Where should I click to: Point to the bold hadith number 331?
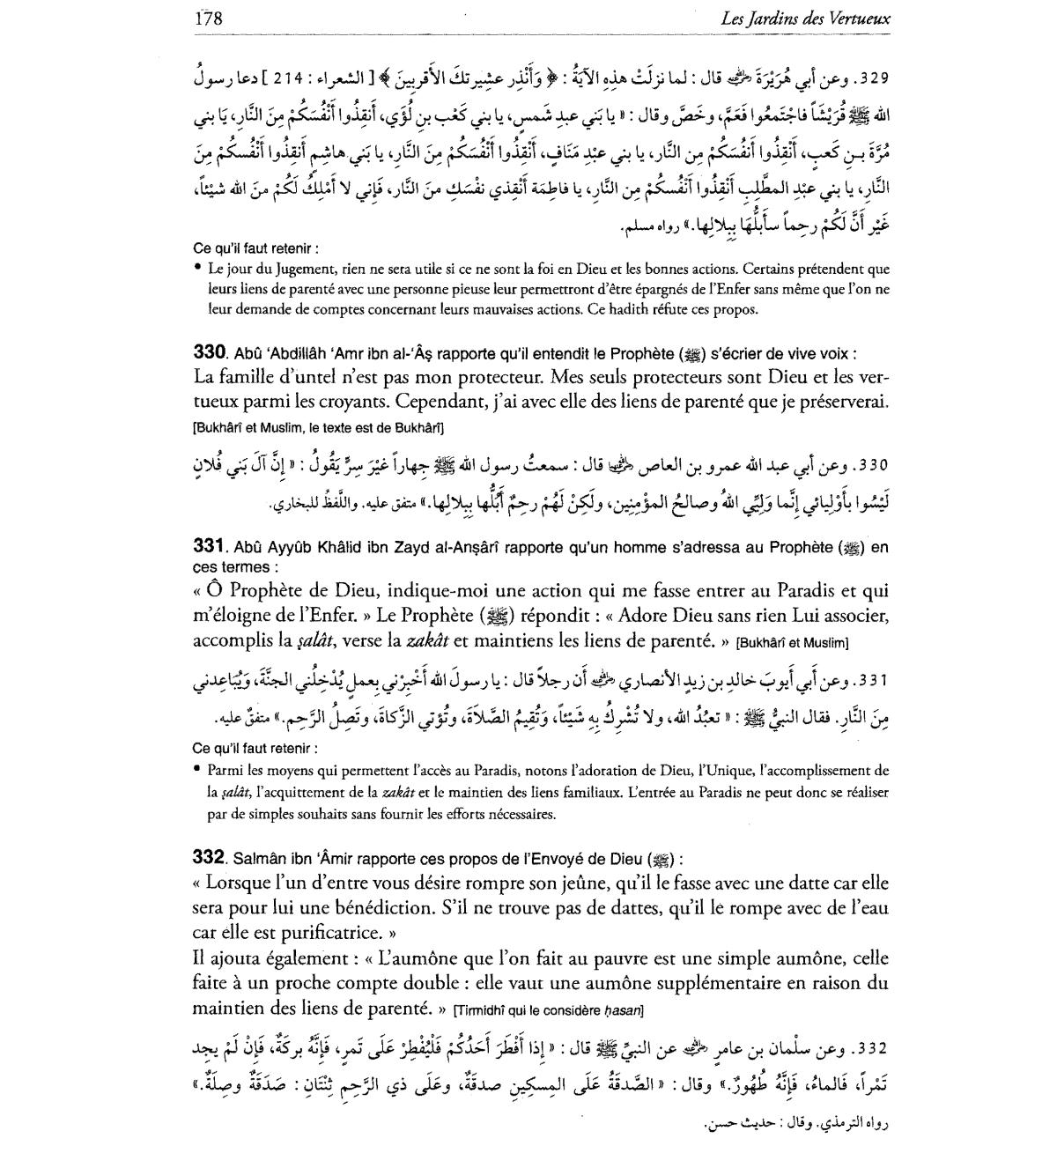click(x=210, y=547)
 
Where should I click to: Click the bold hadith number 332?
click(x=210, y=857)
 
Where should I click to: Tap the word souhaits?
click(x=300, y=813)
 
